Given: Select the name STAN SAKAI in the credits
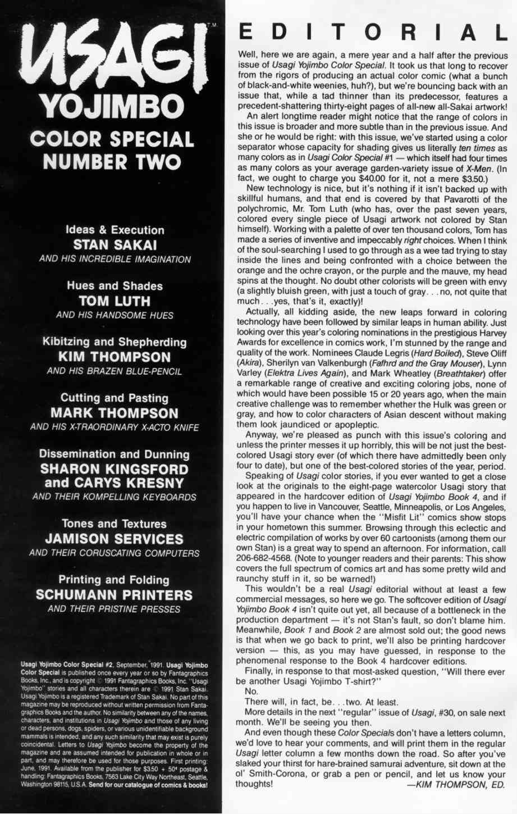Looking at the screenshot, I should click(115, 245).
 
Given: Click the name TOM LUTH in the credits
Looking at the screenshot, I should click(115, 301).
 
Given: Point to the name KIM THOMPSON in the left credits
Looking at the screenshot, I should click(115, 357).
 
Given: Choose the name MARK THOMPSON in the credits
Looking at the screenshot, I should click(115, 413).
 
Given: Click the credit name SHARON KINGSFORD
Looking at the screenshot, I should click(115, 469).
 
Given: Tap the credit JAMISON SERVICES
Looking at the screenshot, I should click(115, 539).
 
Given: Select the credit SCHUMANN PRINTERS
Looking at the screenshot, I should click(115, 595).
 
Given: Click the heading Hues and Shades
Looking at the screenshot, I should click(115, 286).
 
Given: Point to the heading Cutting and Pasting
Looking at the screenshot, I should click(115, 398).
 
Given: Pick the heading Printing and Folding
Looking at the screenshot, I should click(115, 580).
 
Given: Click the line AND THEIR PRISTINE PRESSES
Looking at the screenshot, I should click(115, 609).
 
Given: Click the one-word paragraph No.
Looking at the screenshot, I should click(251, 691).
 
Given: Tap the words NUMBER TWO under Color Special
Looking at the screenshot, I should click(112, 162).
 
